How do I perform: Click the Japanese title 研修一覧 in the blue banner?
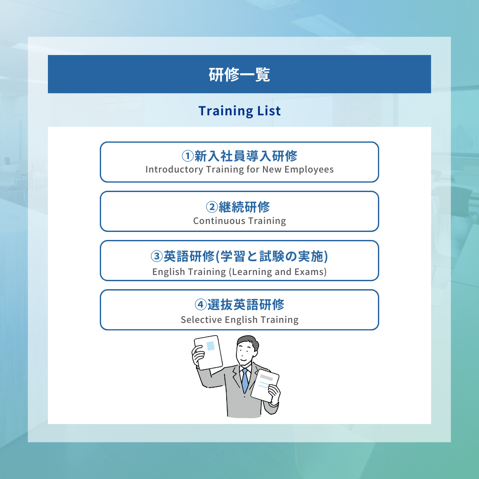tap(239, 75)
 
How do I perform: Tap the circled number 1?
tap(188, 156)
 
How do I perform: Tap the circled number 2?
tap(212, 207)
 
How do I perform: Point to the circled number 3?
tap(157, 256)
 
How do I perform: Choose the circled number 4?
tap(201, 305)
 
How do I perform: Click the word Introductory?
tap(174, 169)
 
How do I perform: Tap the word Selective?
tap(201, 319)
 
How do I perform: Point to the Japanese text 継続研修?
tap(244, 207)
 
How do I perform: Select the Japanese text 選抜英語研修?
tap(246, 305)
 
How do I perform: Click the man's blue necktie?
tap(245, 381)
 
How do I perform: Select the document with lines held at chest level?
tap(265, 385)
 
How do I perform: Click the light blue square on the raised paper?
tap(211, 346)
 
